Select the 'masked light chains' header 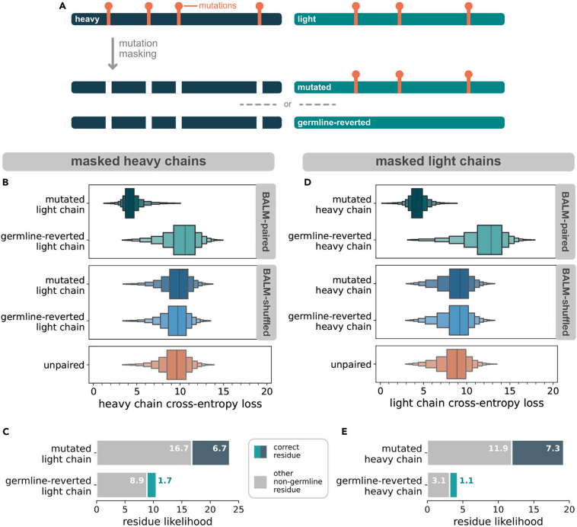pos(436,161)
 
